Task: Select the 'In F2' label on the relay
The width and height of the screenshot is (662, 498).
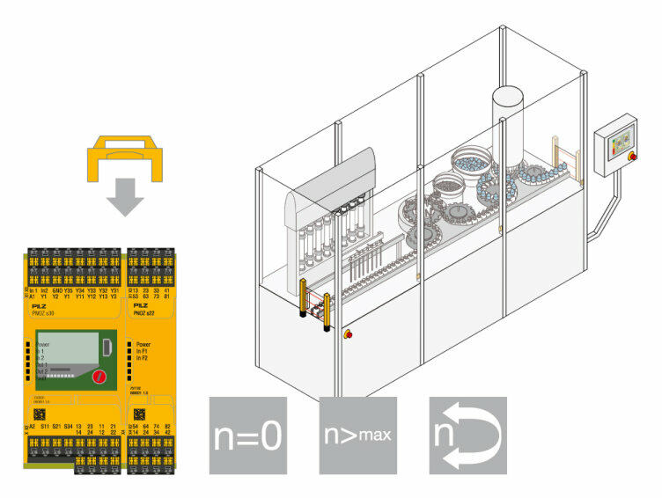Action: [146, 358]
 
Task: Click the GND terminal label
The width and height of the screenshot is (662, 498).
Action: [57, 289]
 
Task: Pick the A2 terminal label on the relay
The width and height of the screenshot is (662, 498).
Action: [33, 426]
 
